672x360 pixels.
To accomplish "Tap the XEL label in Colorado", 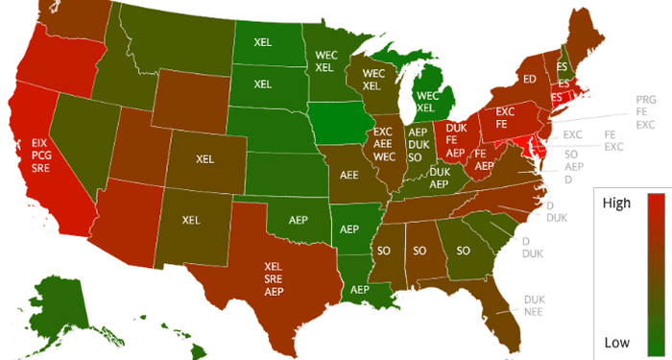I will point(204,158).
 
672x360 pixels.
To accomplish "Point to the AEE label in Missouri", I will point(349,176).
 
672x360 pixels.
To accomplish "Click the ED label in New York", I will point(529,79).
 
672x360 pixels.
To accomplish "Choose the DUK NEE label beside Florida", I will point(534,304).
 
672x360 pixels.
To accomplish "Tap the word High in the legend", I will point(615,204).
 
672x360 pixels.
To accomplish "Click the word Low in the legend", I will point(616,342).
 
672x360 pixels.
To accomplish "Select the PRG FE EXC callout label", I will point(645,112).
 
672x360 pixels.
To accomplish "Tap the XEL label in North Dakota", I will point(262,42).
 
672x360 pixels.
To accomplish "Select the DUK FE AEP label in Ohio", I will point(456,139).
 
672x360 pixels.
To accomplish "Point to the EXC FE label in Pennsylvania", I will point(507,117).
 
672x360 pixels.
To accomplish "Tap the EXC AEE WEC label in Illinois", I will point(384,144).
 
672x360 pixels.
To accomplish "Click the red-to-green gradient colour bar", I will point(657,274).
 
